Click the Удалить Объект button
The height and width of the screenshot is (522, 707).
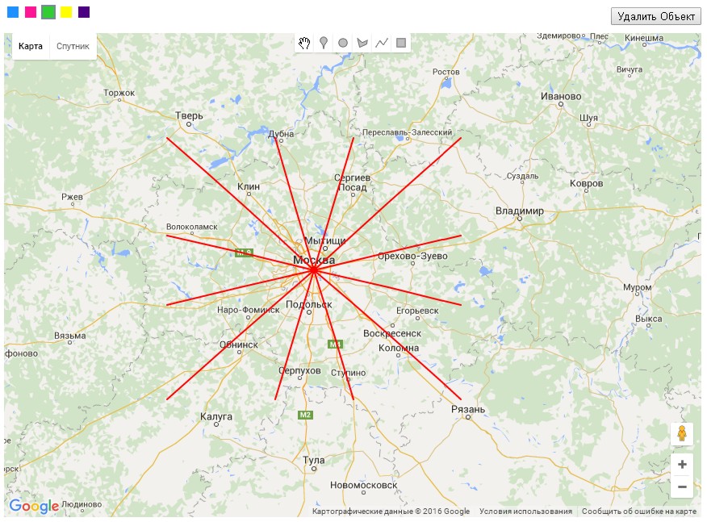point(655,16)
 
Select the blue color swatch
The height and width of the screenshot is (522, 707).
point(13,12)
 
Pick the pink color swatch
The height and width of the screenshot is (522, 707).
point(31,12)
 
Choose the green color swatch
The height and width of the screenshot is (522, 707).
point(48,12)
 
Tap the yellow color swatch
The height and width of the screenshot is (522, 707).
point(66,12)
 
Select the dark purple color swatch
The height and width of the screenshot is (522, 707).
point(84,12)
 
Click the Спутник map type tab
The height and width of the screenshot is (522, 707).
point(73,46)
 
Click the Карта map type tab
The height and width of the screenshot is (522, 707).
point(31,46)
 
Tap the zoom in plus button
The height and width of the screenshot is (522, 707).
point(682,465)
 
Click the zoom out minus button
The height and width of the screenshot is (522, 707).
point(682,487)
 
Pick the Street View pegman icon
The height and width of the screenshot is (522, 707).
point(682,434)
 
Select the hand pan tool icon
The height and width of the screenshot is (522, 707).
point(304,43)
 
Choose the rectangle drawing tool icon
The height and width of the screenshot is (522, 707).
point(401,43)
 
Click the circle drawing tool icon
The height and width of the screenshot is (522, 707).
point(343,43)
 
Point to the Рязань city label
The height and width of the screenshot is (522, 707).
point(468,410)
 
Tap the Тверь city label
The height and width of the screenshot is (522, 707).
point(190,116)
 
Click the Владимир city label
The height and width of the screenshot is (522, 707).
point(520,211)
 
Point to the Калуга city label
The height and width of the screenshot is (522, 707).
point(216,417)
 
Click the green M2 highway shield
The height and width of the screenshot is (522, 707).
point(305,415)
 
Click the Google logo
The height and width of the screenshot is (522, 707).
point(34,506)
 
